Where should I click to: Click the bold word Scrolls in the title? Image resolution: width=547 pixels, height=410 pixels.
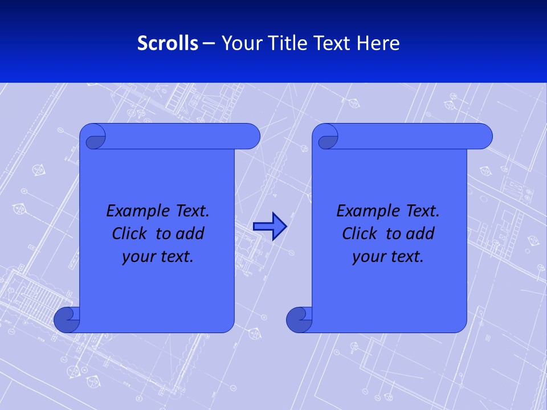click(168, 43)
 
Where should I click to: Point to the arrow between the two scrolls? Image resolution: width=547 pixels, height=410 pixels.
click(270, 227)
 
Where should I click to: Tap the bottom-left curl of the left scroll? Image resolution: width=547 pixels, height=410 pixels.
click(66, 319)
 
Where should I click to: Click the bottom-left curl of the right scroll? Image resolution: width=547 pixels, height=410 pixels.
click(299, 319)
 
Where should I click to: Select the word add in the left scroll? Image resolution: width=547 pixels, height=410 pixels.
click(191, 233)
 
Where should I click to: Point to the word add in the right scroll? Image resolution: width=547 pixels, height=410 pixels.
click(421, 233)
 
